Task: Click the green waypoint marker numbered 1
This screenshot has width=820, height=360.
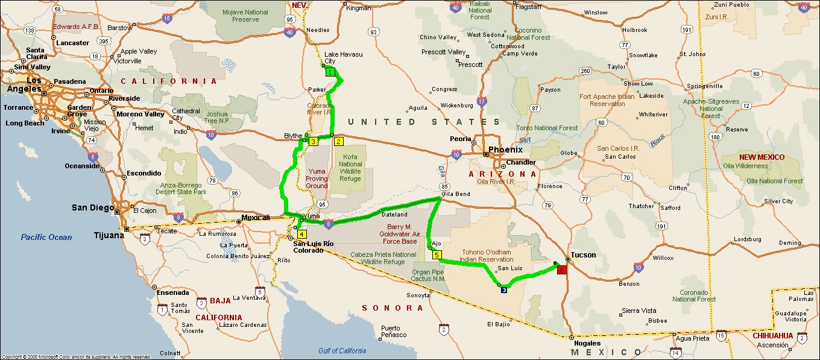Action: point(330,72)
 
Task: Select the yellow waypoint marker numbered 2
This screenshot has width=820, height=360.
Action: point(338,142)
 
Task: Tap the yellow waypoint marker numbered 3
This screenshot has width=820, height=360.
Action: point(313,142)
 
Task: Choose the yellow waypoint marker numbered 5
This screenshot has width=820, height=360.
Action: point(437,254)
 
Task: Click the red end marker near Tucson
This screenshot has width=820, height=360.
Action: point(562,270)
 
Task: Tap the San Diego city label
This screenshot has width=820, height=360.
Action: point(92,207)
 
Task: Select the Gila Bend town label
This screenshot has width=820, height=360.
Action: point(456,194)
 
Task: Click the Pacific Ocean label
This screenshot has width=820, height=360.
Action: point(46,237)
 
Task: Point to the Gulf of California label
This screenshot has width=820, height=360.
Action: point(342,351)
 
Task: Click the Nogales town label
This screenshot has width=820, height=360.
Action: point(587,343)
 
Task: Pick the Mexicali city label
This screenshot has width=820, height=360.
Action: point(254,217)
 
